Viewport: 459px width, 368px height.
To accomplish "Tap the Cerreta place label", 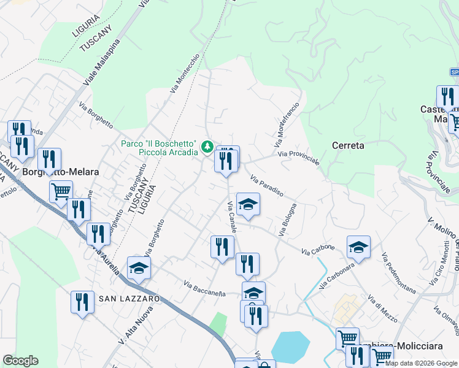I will (348, 146).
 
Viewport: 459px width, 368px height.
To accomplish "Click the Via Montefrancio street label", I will (286, 124).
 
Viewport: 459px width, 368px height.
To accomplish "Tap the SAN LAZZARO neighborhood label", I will (129, 298).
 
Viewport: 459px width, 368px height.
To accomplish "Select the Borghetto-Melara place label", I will (60, 172).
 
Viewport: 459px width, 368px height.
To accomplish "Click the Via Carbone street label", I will (318, 250).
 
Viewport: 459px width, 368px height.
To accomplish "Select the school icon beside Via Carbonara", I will (358, 247).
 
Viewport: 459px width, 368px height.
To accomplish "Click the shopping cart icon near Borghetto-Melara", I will (61, 191).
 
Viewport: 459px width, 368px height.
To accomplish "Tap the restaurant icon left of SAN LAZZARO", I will (82, 302).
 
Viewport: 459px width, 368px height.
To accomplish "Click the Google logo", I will (20, 361).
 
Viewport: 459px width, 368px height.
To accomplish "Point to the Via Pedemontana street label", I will (398, 272).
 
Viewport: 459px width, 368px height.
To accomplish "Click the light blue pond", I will (290, 347).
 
